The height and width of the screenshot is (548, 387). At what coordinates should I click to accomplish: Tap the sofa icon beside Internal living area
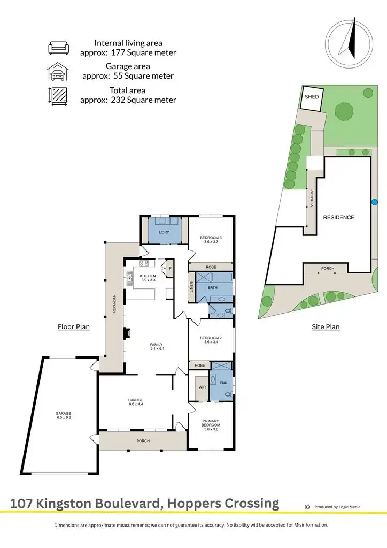tap(58, 48)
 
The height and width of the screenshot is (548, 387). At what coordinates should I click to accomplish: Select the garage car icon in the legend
tap(58, 72)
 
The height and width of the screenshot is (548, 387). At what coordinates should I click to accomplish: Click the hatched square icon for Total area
tap(58, 96)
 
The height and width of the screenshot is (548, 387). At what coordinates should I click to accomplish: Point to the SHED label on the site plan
tap(312, 97)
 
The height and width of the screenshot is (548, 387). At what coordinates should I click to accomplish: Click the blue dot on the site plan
tap(375, 202)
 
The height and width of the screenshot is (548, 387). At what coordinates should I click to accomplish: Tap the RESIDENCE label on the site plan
tap(338, 217)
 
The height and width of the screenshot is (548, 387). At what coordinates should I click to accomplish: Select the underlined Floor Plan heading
tap(74, 326)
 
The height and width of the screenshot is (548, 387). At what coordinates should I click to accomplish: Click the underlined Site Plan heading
tap(326, 326)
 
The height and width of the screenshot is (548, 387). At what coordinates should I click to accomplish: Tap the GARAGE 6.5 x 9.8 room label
tap(63, 415)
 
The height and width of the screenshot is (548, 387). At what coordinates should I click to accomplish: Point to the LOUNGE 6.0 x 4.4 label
tap(135, 402)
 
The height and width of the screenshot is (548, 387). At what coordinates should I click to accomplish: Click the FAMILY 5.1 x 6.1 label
tap(157, 346)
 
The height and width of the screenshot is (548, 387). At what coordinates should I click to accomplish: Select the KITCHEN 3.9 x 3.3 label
tap(148, 278)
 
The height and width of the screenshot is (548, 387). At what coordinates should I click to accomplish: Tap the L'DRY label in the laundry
tap(164, 232)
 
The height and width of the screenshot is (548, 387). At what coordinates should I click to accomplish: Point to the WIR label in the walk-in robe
tap(202, 386)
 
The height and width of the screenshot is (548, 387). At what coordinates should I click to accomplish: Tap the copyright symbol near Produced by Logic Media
tap(307, 507)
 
